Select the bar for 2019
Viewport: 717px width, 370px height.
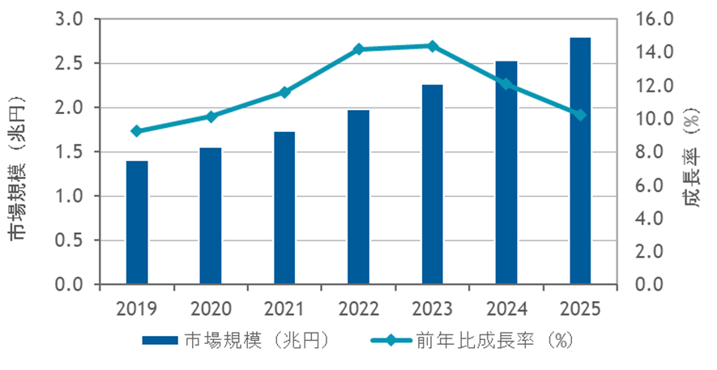click(x=137, y=223)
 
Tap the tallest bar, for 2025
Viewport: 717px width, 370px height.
click(x=580, y=161)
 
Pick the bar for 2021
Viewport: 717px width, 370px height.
click(x=284, y=208)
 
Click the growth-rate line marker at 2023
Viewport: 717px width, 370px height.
click(x=432, y=46)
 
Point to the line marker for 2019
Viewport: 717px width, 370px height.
click(x=137, y=131)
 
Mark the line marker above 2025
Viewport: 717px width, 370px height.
click(x=580, y=115)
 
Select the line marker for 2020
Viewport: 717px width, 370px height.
click(x=211, y=117)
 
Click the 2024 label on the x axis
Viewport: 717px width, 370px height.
click(x=506, y=308)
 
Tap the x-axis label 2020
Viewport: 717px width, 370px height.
click(x=211, y=308)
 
